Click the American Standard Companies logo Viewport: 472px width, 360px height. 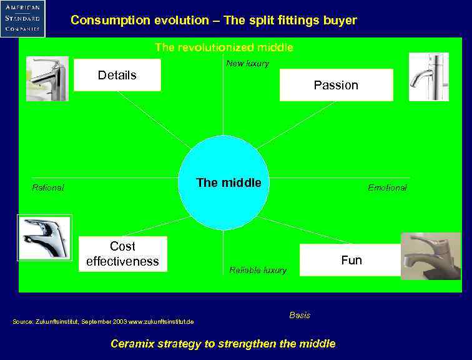pyautogui.click(x=23, y=18)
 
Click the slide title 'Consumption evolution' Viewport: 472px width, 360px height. pyautogui.click(x=214, y=20)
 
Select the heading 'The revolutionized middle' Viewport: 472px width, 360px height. pyautogui.click(x=224, y=47)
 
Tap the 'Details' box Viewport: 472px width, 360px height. pyautogui.click(x=117, y=75)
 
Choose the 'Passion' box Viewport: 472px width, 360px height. pyautogui.click(x=336, y=85)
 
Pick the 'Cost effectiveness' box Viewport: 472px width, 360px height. pyautogui.click(x=123, y=254)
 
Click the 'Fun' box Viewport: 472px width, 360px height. pyautogui.click(x=350, y=260)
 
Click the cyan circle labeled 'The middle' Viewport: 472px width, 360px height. pyautogui.click(x=224, y=182)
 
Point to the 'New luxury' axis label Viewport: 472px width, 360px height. pyautogui.click(x=247, y=63)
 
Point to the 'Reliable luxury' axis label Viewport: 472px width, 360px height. pyautogui.click(x=258, y=270)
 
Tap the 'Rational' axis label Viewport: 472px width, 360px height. pyautogui.click(x=48, y=187)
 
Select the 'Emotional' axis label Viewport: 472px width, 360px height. pyautogui.click(x=387, y=187)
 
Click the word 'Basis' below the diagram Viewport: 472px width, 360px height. pyautogui.click(x=300, y=315)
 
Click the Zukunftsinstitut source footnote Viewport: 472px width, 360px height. pyautogui.click(x=103, y=321)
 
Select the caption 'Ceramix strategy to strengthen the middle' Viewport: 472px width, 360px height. pyautogui.click(x=223, y=344)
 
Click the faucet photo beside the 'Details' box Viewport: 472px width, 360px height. pyautogui.click(x=47, y=79)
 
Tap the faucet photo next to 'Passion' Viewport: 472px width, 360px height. pyautogui.click(x=428, y=77)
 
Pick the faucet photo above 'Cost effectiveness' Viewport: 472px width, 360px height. pyautogui.click(x=44, y=237)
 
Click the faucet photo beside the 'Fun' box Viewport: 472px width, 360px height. pyautogui.click(x=430, y=256)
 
